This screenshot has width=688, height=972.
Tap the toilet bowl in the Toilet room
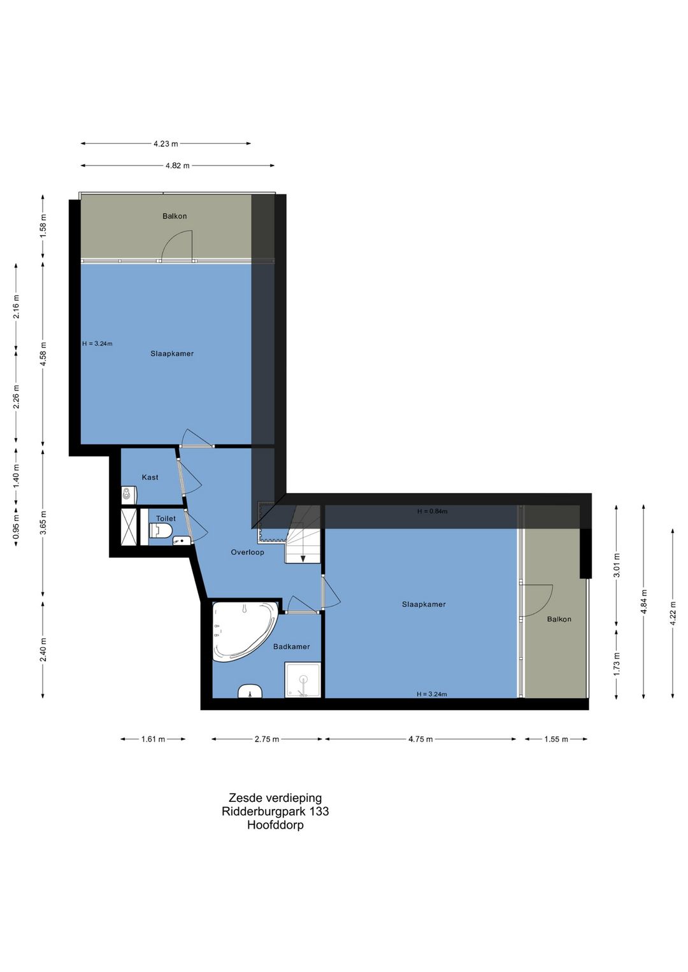point(161,530)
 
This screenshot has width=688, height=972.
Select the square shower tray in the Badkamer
point(303,680)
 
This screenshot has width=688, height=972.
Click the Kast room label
point(150,477)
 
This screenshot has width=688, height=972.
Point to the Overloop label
point(247,552)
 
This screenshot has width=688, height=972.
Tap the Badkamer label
point(291,647)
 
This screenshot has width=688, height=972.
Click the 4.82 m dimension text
point(178,166)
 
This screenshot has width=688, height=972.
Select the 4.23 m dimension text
point(166,143)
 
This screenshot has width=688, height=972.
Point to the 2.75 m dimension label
point(267,739)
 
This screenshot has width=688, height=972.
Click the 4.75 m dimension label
point(420,739)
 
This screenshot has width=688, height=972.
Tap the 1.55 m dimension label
point(556,739)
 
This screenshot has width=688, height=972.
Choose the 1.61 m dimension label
point(154,739)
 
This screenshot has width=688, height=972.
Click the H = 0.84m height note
point(433,511)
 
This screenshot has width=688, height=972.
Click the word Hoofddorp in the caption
point(275,825)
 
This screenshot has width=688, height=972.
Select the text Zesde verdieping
point(275,797)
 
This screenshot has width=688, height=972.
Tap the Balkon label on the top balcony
point(175,216)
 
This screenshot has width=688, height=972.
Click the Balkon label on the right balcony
point(559,619)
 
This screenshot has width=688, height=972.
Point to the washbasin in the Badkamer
point(250,691)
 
